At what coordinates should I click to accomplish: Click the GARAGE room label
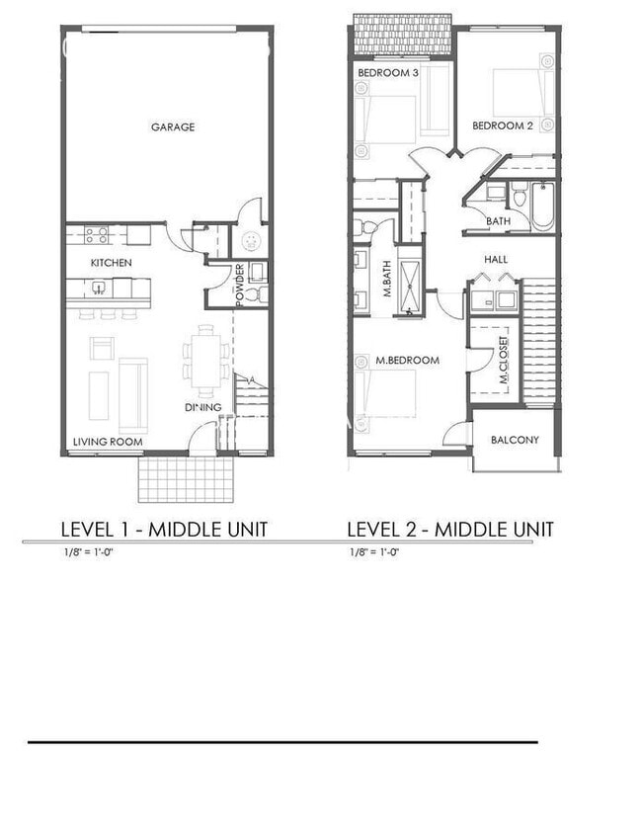tap(172, 126)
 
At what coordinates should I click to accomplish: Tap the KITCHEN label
tap(111, 263)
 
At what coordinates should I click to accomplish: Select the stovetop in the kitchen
tap(96, 235)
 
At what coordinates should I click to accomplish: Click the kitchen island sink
tap(99, 289)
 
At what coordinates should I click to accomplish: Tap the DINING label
tap(202, 407)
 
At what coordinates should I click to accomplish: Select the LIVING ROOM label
tap(108, 442)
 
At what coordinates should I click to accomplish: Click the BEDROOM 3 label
tap(388, 73)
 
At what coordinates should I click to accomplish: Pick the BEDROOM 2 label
tap(502, 125)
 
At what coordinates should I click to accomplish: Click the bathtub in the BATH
tap(542, 206)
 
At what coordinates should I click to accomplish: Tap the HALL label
tap(496, 259)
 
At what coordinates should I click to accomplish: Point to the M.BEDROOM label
tap(407, 361)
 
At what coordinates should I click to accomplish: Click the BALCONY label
tap(515, 440)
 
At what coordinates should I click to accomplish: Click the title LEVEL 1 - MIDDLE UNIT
tap(163, 530)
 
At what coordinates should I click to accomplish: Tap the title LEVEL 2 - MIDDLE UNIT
tap(449, 530)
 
